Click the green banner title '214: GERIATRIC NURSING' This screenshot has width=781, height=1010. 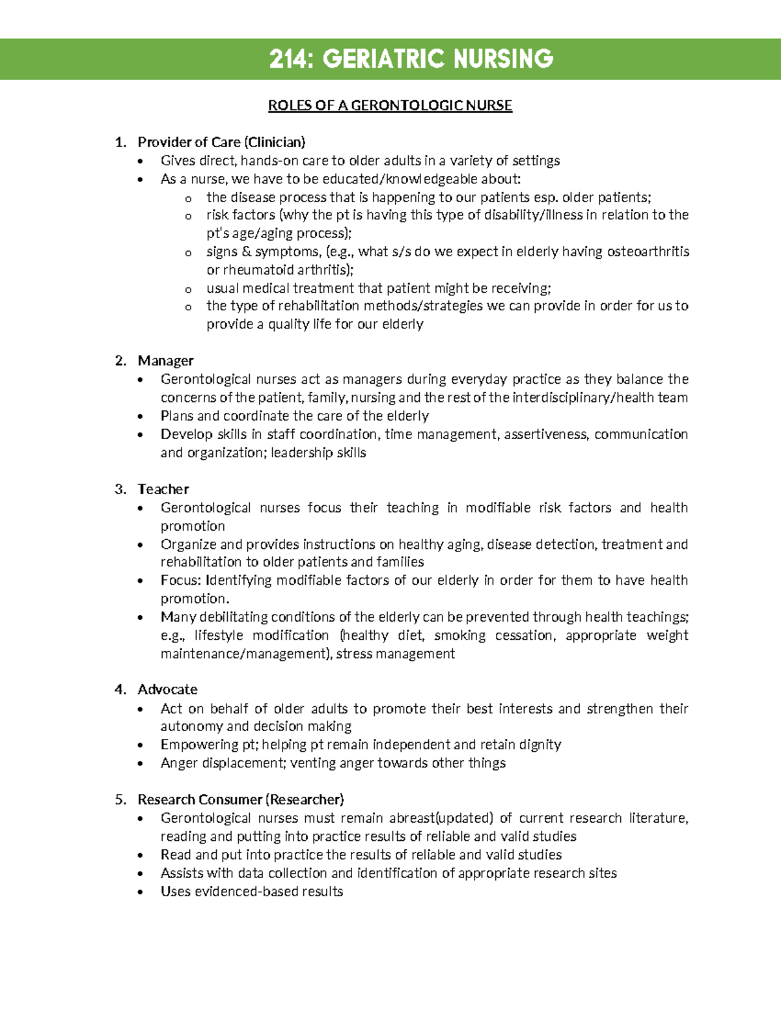point(411,59)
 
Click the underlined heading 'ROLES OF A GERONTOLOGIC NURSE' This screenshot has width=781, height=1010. point(390,105)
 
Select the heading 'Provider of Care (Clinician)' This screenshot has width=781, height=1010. point(221,142)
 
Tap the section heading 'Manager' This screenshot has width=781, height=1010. point(165,360)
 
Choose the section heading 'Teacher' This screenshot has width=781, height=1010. point(163,489)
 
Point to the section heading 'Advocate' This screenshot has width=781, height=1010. point(167,689)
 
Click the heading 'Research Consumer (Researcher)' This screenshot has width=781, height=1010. point(240,799)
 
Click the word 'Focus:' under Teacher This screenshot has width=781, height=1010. point(182,580)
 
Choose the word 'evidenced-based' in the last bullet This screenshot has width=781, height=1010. point(226,892)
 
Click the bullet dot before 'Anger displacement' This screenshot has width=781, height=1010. point(141,764)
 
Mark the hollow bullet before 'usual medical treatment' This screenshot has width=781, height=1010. point(188,289)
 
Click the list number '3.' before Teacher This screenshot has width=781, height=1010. point(120,489)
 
